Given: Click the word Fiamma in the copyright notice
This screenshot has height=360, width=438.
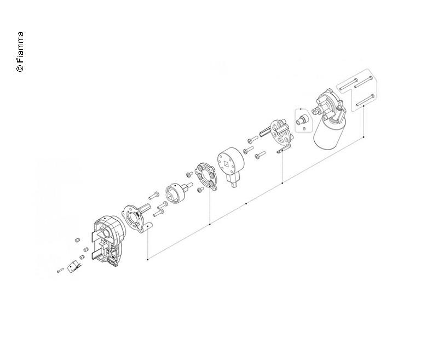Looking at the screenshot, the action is pyautogui.click(x=20, y=47).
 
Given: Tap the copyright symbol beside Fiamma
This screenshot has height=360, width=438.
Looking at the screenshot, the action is pyautogui.click(x=20, y=68).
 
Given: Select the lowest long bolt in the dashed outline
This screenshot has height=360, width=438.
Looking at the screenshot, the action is pyautogui.click(x=365, y=101).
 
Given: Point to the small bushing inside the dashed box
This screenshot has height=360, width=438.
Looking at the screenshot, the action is pyautogui.click(x=302, y=119).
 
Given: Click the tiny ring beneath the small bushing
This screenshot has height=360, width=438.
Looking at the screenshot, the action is pyautogui.click(x=304, y=129).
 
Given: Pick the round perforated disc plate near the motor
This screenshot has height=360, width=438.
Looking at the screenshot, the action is pyautogui.click(x=281, y=133).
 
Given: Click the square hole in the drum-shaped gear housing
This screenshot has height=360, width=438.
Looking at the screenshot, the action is pyautogui.click(x=227, y=163).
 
